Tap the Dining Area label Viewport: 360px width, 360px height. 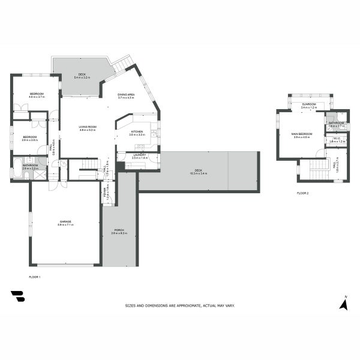point(126,95)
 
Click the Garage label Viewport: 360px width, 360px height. point(66,222)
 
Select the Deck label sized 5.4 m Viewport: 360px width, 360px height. point(82,76)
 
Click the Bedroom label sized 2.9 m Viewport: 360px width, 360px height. point(30,137)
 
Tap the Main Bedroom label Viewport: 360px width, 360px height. point(302,134)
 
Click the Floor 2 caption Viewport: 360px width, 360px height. point(302,193)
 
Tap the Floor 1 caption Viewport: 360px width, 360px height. point(34,277)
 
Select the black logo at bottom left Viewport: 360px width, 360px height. point(18,297)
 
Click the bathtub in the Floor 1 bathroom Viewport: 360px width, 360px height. point(18,169)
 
